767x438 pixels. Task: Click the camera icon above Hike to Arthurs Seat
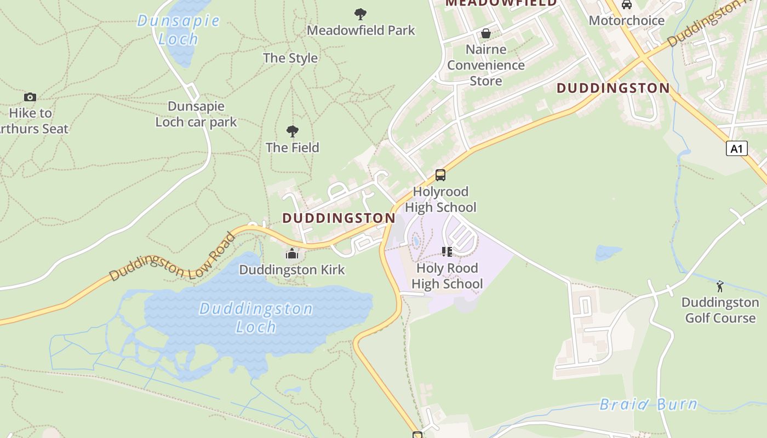(30, 97)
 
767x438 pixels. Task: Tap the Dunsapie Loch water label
(178, 30)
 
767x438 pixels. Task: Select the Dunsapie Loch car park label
(196, 114)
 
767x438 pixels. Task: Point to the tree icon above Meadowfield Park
(360, 14)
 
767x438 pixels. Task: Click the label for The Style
(290, 58)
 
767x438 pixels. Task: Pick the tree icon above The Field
(293, 131)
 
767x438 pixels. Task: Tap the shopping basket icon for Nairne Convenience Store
(486, 34)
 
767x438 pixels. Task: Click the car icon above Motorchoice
(627, 5)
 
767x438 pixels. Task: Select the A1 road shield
(737, 148)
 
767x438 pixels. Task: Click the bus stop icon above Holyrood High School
(440, 175)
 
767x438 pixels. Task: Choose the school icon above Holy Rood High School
(447, 252)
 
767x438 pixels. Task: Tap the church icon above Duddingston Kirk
(292, 254)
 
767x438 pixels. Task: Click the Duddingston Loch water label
(256, 318)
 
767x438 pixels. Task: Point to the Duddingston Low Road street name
(173, 257)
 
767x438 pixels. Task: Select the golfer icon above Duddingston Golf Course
(720, 286)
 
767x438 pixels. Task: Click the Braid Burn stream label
(649, 405)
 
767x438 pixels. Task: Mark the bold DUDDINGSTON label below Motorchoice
(613, 88)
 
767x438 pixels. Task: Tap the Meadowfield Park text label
(361, 30)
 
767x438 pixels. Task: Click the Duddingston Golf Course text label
(720, 310)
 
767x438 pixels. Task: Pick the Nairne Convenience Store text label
(486, 65)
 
